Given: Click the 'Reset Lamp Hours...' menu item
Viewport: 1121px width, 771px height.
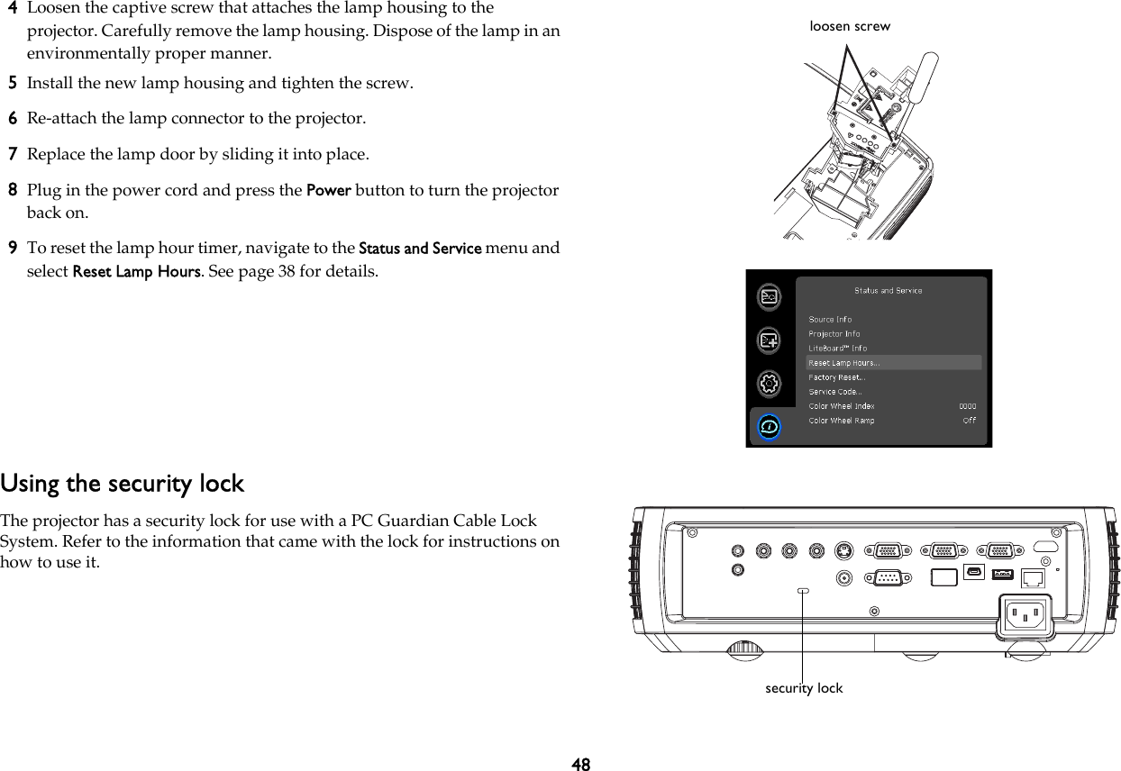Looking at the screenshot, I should pyautogui.click(x=844, y=363).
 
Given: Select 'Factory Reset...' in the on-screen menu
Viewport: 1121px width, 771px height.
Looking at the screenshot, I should pyautogui.click(x=835, y=377).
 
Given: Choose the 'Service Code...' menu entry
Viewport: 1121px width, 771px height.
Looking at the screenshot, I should pyautogui.click(x=834, y=392).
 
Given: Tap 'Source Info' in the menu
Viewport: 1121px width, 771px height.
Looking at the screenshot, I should pyautogui.click(x=830, y=319).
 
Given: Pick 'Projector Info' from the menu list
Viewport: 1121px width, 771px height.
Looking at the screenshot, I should pyautogui.click(x=834, y=333).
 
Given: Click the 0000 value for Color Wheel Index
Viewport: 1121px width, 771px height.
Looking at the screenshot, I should pyautogui.click(x=967, y=406).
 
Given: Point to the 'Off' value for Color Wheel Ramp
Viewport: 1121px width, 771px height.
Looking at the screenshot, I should pyautogui.click(x=969, y=421).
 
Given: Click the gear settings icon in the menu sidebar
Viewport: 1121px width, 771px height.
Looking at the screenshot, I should pyautogui.click(x=769, y=383).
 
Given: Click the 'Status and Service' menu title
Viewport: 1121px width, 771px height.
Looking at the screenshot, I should pyautogui.click(x=888, y=291).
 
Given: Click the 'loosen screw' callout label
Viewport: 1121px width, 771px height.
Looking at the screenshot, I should pyautogui.click(x=850, y=26).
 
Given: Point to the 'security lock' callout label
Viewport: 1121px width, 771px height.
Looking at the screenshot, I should pyautogui.click(x=804, y=688).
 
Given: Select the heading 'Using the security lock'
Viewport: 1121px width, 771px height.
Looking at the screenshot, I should pyautogui.click(x=122, y=484).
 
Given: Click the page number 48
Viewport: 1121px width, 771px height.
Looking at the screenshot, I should pyautogui.click(x=581, y=764).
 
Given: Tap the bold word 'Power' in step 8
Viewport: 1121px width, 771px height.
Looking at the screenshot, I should pyautogui.click(x=329, y=191).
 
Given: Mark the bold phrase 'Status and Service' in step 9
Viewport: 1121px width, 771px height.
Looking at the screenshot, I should pyautogui.click(x=420, y=249).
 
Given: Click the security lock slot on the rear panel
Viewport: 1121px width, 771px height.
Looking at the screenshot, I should pyautogui.click(x=804, y=591).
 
